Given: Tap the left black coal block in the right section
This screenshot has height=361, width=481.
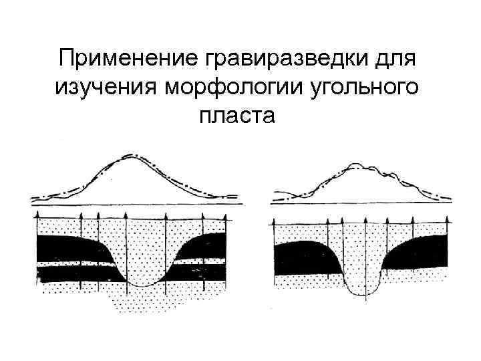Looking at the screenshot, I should click(x=304, y=257).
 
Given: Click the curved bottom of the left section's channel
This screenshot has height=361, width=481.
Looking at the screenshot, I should click(x=142, y=285).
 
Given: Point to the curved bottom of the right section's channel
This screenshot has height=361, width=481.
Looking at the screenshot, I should click(x=364, y=294).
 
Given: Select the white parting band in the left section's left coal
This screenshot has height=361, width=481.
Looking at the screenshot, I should click(x=73, y=265).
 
